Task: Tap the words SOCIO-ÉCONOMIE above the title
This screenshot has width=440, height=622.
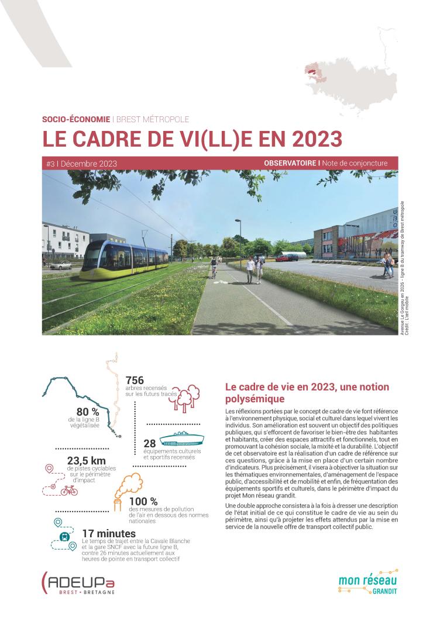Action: point(75,119)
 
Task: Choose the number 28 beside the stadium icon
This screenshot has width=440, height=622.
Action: point(149,444)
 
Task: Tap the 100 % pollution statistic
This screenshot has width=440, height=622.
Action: point(143,501)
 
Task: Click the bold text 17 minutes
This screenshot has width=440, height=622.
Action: point(109,534)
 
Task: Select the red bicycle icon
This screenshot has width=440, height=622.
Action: point(68,490)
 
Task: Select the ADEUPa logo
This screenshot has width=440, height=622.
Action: point(78,582)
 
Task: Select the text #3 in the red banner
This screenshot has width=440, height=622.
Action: point(50,164)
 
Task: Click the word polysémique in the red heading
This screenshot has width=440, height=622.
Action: point(255,399)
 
